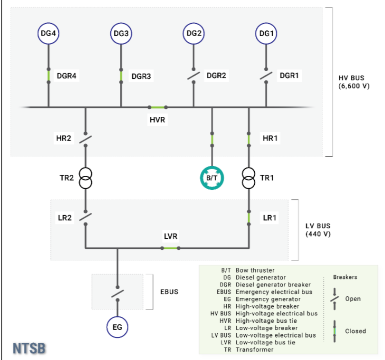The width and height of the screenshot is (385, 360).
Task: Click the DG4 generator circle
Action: (48, 33)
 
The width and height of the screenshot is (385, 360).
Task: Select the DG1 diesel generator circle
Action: (266, 33)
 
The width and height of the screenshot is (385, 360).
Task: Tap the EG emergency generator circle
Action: (117, 327)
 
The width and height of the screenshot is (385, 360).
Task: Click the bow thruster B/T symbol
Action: (212, 178)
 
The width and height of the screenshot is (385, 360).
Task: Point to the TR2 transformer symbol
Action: (86, 179)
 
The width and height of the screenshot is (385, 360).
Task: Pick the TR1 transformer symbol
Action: (249, 179)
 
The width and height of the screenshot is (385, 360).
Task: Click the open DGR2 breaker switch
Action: (193, 76)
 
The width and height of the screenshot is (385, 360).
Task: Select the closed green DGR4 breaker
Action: (48, 76)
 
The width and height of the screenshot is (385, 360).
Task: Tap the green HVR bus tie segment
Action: (158, 107)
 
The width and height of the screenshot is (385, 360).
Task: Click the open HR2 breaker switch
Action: (86, 139)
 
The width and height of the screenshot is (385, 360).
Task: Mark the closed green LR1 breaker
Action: (249, 218)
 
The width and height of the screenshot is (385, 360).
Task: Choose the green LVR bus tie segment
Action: (171, 248)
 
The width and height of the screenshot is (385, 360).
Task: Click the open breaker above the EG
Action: (117, 294)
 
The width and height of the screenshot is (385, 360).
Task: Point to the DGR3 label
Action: (141, 76)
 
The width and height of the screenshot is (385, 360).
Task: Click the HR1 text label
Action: (270, 138)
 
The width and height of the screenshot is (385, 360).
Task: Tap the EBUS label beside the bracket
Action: (169, 292)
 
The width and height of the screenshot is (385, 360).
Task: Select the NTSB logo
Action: (29, 349)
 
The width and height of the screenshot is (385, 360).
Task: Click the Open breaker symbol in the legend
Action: (335, 299)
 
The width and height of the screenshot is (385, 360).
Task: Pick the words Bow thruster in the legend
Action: (255, 270)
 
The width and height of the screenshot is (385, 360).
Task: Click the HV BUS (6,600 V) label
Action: (354, 82)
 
